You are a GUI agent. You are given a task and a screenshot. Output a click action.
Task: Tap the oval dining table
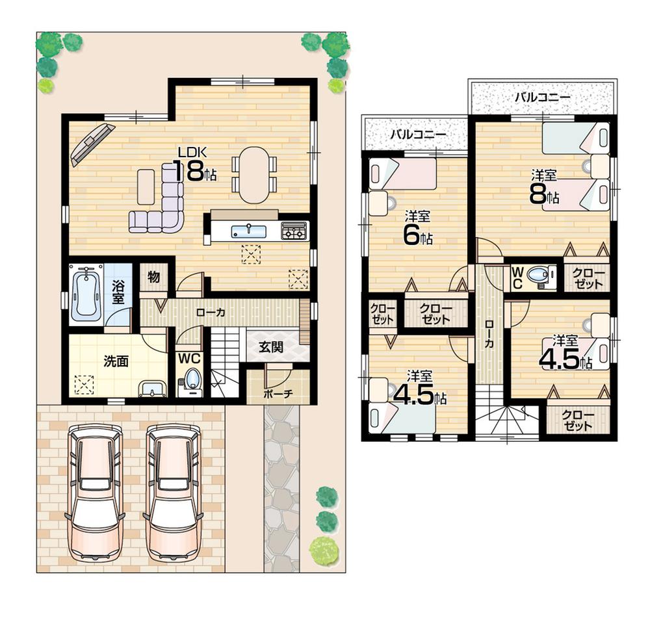click(253, 175)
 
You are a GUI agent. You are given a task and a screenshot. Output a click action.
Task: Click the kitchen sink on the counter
click(248, 231)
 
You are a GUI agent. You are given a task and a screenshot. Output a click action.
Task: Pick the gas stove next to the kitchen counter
click(294, 231)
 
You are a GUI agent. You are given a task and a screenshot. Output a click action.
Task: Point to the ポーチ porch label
click(278, 393)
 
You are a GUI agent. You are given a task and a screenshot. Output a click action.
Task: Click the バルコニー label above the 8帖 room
click(542, 97)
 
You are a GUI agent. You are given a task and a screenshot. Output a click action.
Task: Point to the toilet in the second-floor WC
click(538, 276)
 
